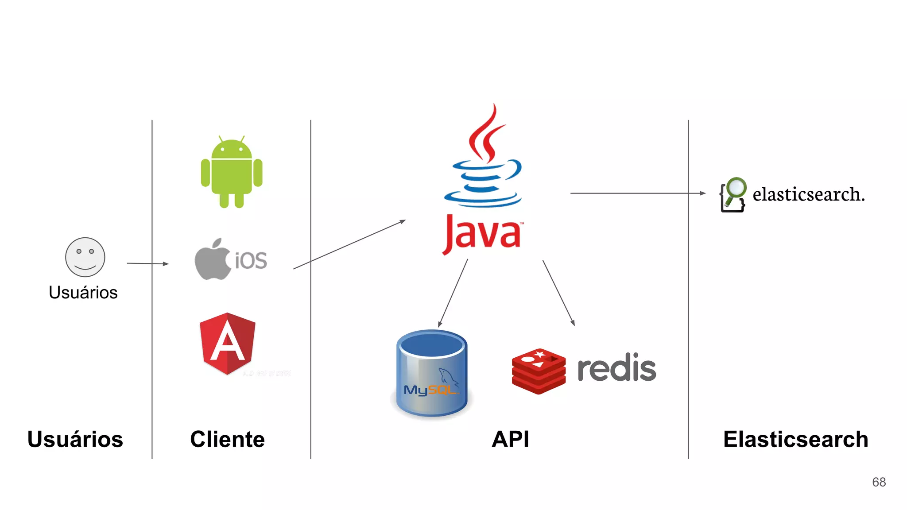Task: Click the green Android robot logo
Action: click(x=232, y=173)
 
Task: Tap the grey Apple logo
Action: click(x=212, y=260)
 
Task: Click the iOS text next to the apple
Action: click(x=251, y=261)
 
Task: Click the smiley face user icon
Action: click(x=85, y=257)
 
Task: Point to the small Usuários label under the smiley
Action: click(x=83, y=293)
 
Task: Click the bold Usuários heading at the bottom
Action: click(x=75, y=439)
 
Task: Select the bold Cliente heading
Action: click(x=227, y=439)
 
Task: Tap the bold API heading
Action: click(x=510, y=439)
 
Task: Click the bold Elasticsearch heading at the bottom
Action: click(x=795, y=439)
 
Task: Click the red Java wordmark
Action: click(x=482, y=234)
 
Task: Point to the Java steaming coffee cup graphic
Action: click(x=485, y=159)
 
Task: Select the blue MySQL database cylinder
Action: click(x=432, y=374)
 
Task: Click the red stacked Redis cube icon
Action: click(x=539, y=371)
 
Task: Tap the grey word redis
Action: click(x=616, y=368)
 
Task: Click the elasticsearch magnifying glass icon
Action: click(x=733, y=195)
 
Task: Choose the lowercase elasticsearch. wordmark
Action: click(x=808, y=194)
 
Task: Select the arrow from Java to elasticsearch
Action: click(x=638, y=193)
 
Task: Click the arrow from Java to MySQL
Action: click(x=453, y=293)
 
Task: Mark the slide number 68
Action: click(x=879, y=482)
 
